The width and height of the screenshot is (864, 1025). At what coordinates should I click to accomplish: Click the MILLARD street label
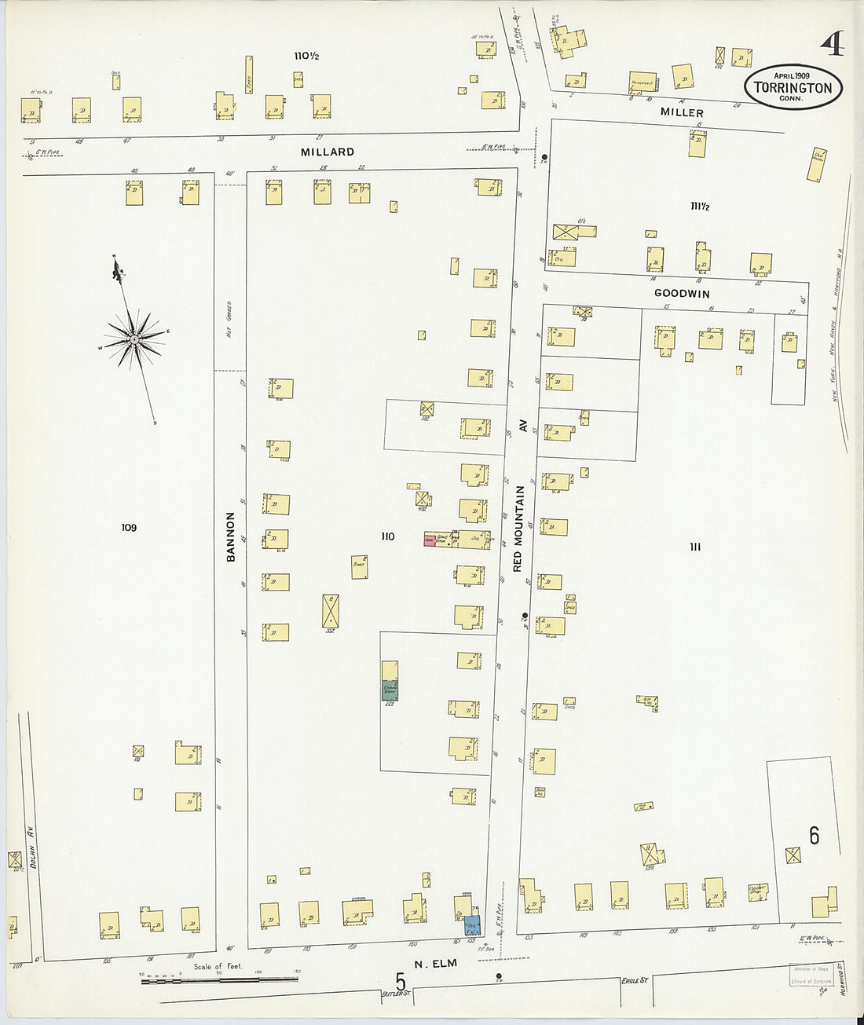click(328, 152)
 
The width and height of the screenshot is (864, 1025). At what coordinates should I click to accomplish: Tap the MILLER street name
click(681, 112)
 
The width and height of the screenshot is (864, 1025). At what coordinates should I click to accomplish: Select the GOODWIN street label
click(682, 294)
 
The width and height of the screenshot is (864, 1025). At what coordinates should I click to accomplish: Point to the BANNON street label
click(231, 536)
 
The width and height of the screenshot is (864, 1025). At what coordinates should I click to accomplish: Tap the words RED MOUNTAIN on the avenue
click(518, 528)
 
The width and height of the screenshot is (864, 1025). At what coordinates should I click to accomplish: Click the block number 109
click(129, 527)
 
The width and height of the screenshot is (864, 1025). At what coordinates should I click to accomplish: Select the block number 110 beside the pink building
click(387, 536)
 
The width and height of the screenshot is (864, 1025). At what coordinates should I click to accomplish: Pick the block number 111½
click(700, 207)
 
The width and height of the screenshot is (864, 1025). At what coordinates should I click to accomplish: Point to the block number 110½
click(306, 56)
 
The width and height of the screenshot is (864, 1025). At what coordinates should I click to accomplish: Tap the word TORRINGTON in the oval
click(793, 88)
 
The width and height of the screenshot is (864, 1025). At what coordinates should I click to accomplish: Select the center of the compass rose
click(134, 339)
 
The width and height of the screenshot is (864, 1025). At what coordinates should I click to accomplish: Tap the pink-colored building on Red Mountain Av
click(430, 540)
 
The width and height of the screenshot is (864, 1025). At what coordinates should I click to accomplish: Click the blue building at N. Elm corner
click(472, 924)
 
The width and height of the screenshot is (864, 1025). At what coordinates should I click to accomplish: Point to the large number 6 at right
click(814, 836)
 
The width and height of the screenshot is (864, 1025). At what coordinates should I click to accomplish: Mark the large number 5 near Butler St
click(401, 983)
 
